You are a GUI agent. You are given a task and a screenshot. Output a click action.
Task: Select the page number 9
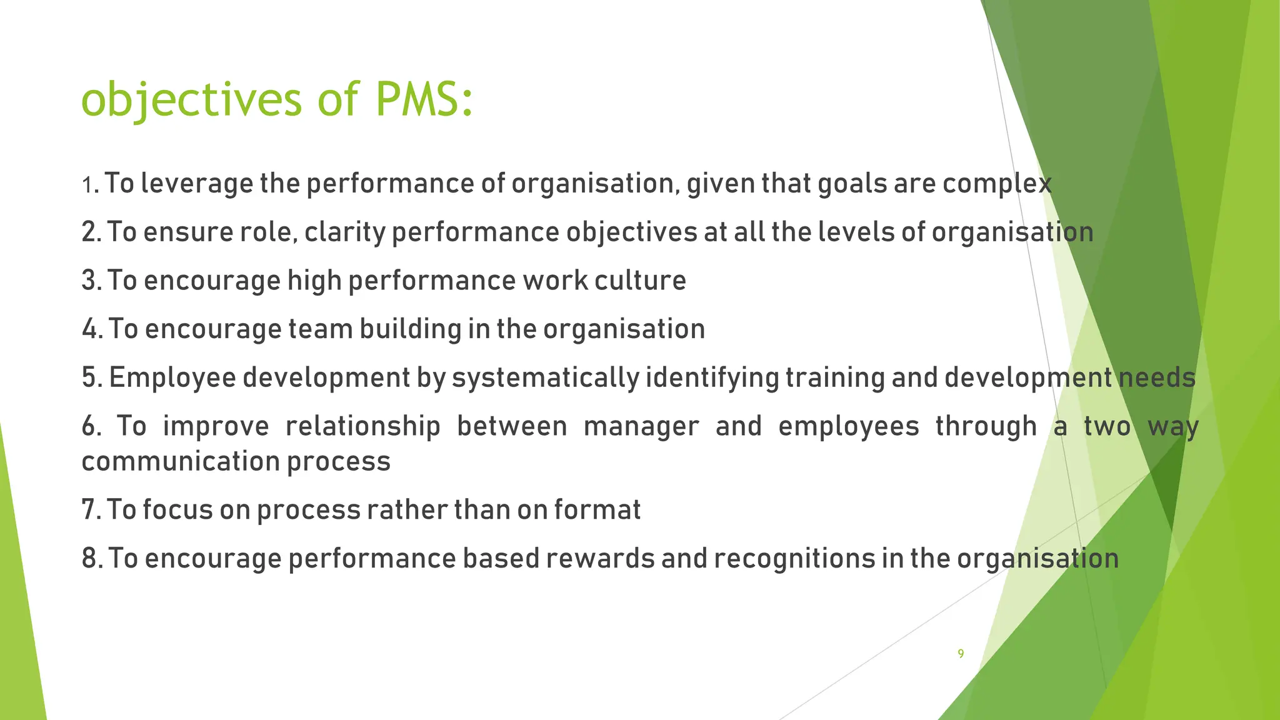[x=961, y=654]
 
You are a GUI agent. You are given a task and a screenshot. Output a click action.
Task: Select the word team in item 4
[x=320, y=329]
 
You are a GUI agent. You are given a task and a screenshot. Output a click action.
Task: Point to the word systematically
[x=546, y=378]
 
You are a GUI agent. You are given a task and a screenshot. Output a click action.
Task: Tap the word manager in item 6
[x=641, y=426]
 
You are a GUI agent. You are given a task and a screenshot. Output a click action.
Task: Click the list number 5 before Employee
[x=90, y=378]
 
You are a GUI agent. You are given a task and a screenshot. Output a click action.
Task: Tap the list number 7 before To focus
[x=89, y=510]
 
